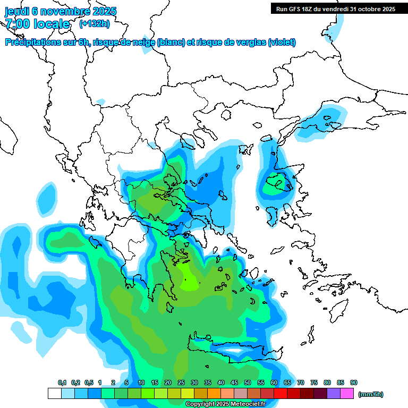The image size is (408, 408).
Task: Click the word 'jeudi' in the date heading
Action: click(x=18, y=11)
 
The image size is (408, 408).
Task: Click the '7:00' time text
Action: click(x=17, y=24)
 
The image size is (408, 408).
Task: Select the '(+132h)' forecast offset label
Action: click(x=95, y=23)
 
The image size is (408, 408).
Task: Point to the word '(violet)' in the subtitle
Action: click(x=282, y=42)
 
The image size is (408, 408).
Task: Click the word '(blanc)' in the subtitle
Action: click(x=171, y=42)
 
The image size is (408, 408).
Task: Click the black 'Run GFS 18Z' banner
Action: click(x=335, y=8)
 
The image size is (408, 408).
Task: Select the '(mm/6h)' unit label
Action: click(x=371, y=394)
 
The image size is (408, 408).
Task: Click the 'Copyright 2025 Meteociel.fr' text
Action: click(x=226, y=404)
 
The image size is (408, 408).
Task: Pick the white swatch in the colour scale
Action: click(x=54, y=394)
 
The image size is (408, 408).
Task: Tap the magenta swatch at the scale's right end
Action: click(x=347, y=394)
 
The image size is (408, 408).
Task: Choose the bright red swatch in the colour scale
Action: click(x=280, y=394)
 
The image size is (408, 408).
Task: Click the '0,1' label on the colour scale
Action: click(x=62, y=383)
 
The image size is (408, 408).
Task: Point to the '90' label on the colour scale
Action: click(x=354, y=383)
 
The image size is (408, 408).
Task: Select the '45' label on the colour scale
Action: click(x=234, y=383)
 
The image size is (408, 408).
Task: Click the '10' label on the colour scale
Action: click(x=141, y=383)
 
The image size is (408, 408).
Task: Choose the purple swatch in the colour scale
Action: click(x=334, y=394)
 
